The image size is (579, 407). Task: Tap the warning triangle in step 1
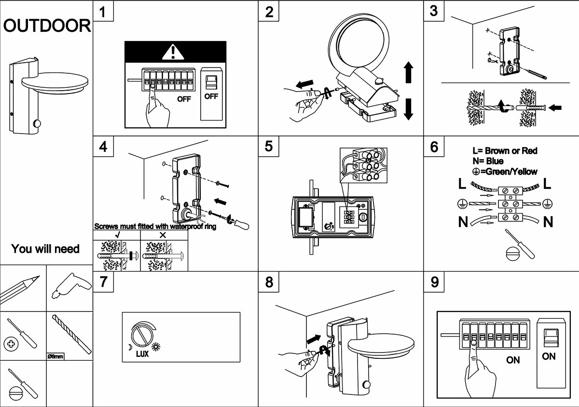click(x=175, y=52)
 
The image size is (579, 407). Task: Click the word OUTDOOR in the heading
click(x=47, y=26)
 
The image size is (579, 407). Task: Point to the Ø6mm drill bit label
click(x=55, y=356)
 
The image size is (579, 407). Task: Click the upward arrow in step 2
click(x=408, y=72)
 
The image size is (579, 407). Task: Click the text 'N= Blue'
click(x=488, y=161)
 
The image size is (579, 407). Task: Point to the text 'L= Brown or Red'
click(x=505, y=151)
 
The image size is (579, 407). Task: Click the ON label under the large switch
click(x=549, y=356)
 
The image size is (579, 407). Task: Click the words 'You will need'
click(x=45, y=249)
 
